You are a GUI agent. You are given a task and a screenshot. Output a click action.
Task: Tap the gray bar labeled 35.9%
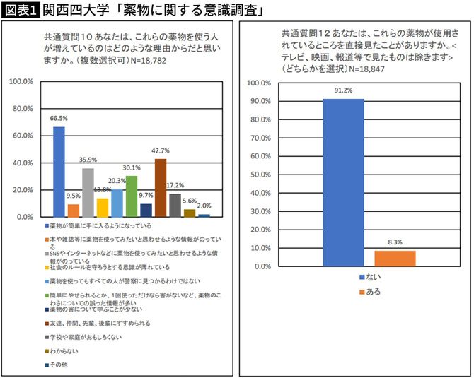click(88, 192)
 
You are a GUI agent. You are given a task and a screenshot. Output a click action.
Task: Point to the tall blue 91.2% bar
click(343, 183)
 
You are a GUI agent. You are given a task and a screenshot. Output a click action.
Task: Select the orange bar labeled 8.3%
click(395, 259)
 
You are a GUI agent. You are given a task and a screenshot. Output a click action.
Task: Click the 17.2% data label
click(175, 185)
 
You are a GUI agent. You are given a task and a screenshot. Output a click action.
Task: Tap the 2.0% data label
click(204, 206)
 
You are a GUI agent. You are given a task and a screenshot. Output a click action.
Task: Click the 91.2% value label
click(343, 91)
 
